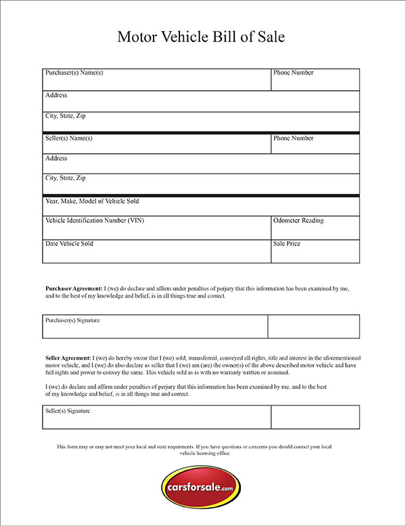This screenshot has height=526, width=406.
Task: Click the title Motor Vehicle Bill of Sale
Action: pyautogui.click(x=201, y=37)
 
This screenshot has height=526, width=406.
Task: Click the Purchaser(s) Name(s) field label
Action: pyautogui.click(x=74, y=73)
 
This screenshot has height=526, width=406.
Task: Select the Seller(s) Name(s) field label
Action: pyautogui.click(x=68, y=138)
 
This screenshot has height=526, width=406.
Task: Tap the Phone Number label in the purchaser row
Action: pyautogui.click(x=293, y=73)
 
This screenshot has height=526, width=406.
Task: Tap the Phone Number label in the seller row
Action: pyautogui.click(x=293, y=138)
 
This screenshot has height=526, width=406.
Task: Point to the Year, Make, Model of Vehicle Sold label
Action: pyautogui.click(x=92, y=201)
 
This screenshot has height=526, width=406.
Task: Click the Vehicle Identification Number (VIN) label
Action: pyautogui.click(x=94, y=220)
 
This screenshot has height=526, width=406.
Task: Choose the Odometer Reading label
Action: pyautogui.click(x=298, y=220)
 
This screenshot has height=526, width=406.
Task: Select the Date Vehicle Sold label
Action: pyautogui.click(x=69, y=243)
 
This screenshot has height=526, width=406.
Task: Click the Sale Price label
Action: pyautogui.click(x=286, y=243)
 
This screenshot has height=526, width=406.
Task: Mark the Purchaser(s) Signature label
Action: pyautogui.click(x=72, y=320)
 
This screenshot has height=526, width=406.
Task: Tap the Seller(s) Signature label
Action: pyautogui.click(x=68, y=411)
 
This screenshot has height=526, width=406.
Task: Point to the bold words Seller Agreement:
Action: pyautogui.click(x=68, y=357)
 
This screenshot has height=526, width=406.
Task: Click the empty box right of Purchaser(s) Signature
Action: pyautogui.click(x=313, y=326)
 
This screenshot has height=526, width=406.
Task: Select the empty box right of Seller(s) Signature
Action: pyautogui.click(x=315, y=417)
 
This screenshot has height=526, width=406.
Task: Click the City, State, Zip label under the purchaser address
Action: pyautogui.click(x=65, y=116)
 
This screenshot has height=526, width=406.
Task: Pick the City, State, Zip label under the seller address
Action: pyautogui.click(x=65, y=178)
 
